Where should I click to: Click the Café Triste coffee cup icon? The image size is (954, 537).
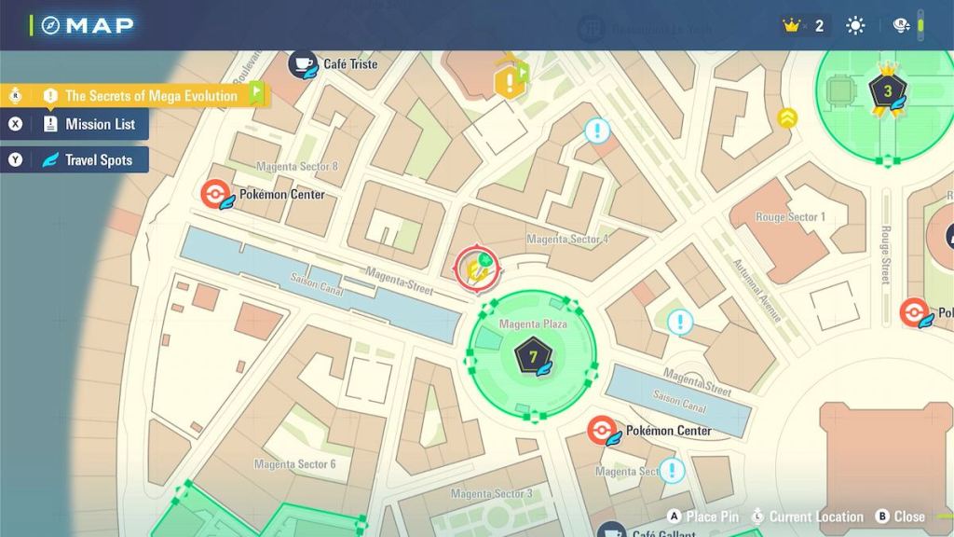(x=303, y=63)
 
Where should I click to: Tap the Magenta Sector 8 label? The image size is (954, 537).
(x=297, y=167)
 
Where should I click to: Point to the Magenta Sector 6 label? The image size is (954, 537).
(x=294, y=464)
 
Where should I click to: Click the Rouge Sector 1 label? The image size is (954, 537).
(x=790, y=217)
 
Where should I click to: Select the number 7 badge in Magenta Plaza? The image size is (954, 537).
(x=532, y=356)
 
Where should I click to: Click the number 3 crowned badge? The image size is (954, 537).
(x=887, y=91)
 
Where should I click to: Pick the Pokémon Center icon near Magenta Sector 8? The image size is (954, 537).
(x=216, y=195)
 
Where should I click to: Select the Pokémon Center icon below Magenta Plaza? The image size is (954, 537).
(x=603, y=431)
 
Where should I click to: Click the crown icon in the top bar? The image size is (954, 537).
(x=793, y=26)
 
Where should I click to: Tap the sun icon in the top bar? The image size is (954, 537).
(x=855, y=26)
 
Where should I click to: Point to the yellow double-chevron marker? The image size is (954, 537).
(x=787, y=117)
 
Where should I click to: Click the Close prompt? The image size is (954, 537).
(x=900, y=516)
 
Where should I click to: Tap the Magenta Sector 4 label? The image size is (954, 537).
(x=567, y=240)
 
